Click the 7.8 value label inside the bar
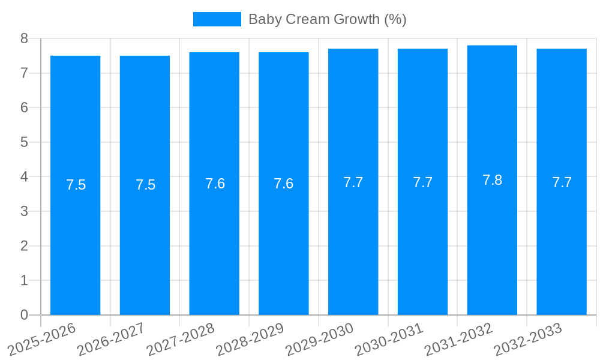(492, 180)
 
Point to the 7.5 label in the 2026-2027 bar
(145, 185)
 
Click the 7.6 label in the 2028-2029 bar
(283, 184)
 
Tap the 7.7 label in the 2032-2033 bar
(562, 182)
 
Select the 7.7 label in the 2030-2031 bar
(422, 182)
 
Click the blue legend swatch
(217, 19)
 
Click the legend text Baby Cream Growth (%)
(327, 19)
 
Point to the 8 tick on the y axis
(24, 38)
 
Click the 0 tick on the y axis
(24, 315)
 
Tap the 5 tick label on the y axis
(24, 142)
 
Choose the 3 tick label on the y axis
(24, 211)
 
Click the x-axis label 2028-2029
(251, 338)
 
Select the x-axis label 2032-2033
(529, 338)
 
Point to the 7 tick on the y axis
(24, 73)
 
